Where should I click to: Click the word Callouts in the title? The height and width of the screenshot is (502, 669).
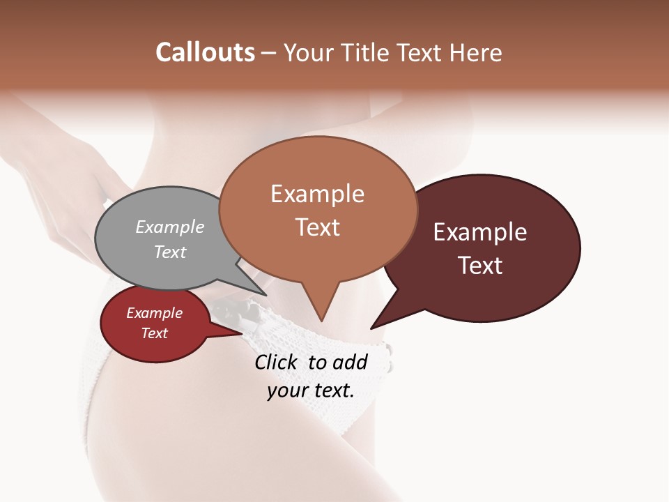pyautogui.click(x=205, y=52)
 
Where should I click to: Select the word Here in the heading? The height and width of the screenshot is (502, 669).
pyautogui.click(x=475, y=52)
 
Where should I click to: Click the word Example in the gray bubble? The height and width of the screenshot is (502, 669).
pyautogui.click(x=170, y=227)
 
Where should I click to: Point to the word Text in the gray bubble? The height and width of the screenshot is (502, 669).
pyautogui.click(x=170, y=252)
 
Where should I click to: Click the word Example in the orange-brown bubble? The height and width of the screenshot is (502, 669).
pyautogui.click(x=317, y=194)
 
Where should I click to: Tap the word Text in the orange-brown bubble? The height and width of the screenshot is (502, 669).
pyautogui.click(x=318, y=227)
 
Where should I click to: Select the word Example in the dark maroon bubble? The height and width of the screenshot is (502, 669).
pyautogui.click(x=480, y=231)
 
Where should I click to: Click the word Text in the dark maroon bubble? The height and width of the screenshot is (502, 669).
pyautogui.click(x=480, y=265)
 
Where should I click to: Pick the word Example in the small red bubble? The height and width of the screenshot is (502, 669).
pyautogui.click(x=154, y=313)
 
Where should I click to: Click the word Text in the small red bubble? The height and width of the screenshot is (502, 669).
pyautogui.click(x=154, y=333)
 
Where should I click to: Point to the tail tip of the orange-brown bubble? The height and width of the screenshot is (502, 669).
pyautogui.click(x=321, y=319)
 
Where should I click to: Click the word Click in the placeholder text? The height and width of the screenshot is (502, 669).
pyautogui.click(x=277, y=362)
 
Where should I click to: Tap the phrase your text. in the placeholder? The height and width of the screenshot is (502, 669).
pyautogui.click(x=311, y=390)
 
